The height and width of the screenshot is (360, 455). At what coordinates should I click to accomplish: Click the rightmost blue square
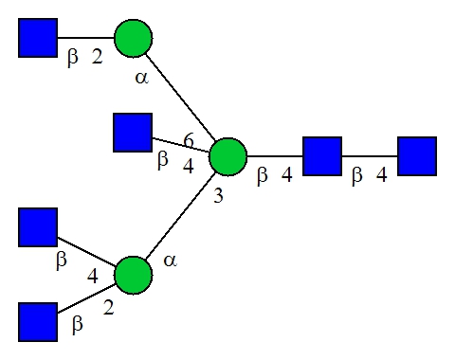(x=417, y=156)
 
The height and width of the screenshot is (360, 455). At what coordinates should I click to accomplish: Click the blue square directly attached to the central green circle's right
(x=322, y=156)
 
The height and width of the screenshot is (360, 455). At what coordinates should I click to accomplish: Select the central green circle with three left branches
(x=227, y=156)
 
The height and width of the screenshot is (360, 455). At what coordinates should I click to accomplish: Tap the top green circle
(x=134, y=38)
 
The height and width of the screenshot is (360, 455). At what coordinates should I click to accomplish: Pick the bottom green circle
(x=134, y=275)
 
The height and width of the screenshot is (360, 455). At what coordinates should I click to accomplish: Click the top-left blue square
(x=38, y=38)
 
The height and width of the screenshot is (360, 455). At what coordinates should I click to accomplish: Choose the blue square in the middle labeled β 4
(x=133, y=133)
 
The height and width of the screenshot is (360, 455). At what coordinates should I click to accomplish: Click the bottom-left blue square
(x=38, y=322)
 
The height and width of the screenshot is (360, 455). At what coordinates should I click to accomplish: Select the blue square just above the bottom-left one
(x=38, y=227)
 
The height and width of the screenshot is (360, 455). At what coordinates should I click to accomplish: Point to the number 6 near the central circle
(x=189, y=140)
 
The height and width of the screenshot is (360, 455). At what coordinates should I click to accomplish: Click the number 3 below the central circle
(x=218, y=196)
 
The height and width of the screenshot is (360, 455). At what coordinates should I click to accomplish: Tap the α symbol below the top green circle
(x=141, y=78)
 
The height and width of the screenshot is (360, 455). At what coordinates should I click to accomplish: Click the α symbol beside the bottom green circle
(x=170, y=261)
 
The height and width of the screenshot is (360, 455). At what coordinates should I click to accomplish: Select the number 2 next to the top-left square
(x=98, y=57)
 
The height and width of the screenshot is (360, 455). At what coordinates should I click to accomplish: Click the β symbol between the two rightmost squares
(x=357, y=175)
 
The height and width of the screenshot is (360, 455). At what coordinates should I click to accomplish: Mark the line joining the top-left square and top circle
(x=86, y=38)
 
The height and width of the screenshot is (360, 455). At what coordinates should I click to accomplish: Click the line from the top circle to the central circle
(x=180, y=98)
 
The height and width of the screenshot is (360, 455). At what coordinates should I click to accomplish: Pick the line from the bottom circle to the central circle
(x=181, y=216)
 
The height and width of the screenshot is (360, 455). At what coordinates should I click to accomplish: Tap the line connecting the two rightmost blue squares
(x=370, y=156)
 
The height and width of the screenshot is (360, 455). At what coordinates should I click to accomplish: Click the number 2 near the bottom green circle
(x=108, y=307)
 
